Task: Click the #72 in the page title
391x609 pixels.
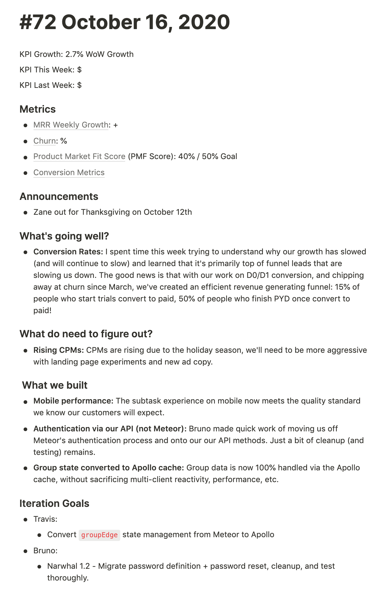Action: click(38, 22)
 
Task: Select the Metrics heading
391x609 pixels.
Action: click(37, 109)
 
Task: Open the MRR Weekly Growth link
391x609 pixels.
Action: click(71, 125)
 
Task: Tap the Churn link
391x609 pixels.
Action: click(44, 141)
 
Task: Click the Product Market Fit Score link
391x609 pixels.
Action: click(79, 156)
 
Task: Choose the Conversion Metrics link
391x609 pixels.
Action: click(69, 172)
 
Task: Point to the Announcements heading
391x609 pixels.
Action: click(59, 197)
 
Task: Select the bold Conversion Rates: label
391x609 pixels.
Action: click(68, 252)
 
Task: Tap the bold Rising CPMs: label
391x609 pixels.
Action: click(59, 350)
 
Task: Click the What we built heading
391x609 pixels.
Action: click(55, 385)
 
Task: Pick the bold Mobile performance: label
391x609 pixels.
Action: click(73, 401)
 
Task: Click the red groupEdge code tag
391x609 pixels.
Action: click(99, 535)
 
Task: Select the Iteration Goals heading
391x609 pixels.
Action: click(54, 503)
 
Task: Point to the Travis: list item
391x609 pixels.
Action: click(45, 519)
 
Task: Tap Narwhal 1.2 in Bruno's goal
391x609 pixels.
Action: click(68, 566)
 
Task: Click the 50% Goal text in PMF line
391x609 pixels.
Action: click(219, 156)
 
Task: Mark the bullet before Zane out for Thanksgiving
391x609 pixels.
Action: click(26, 213)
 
